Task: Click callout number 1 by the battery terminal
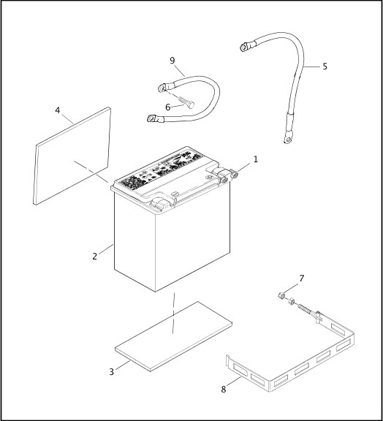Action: (255, 159)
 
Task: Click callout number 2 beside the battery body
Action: (95, 256)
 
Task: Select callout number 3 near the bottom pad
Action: (112, 371)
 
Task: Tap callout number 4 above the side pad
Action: (57, 111)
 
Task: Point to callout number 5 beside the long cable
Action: (325, 67)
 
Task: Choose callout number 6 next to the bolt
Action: (167, 107)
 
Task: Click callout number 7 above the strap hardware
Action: (301, 278)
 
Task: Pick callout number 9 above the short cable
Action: (172, 61)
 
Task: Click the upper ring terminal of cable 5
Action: (244, 48)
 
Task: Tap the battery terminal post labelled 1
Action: (235, 174)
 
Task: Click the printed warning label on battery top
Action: (157, 172)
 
